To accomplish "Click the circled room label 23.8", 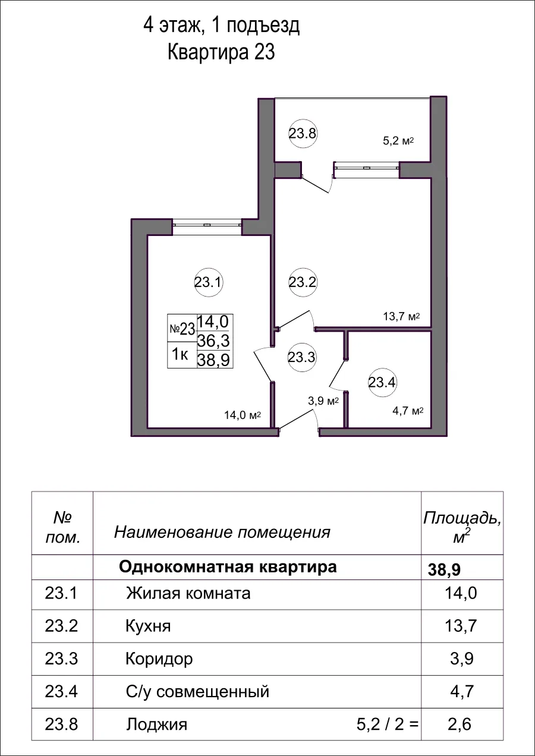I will [303, 134].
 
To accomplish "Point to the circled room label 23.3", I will [301, 357].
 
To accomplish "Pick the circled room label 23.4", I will [382, 382].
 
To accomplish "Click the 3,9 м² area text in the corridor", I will [323, 401].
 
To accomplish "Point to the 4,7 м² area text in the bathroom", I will [407, 411].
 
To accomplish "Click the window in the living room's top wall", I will [207, 225].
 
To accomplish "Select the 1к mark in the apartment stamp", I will [181, 355].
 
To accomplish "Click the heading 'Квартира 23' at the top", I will [221, 52].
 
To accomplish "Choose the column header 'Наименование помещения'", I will [222, 531].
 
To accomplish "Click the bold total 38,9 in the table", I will [445, 570].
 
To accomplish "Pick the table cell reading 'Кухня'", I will [148, 626].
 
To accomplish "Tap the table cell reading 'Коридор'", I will [159, 659].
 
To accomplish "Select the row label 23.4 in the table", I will [62, 691].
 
